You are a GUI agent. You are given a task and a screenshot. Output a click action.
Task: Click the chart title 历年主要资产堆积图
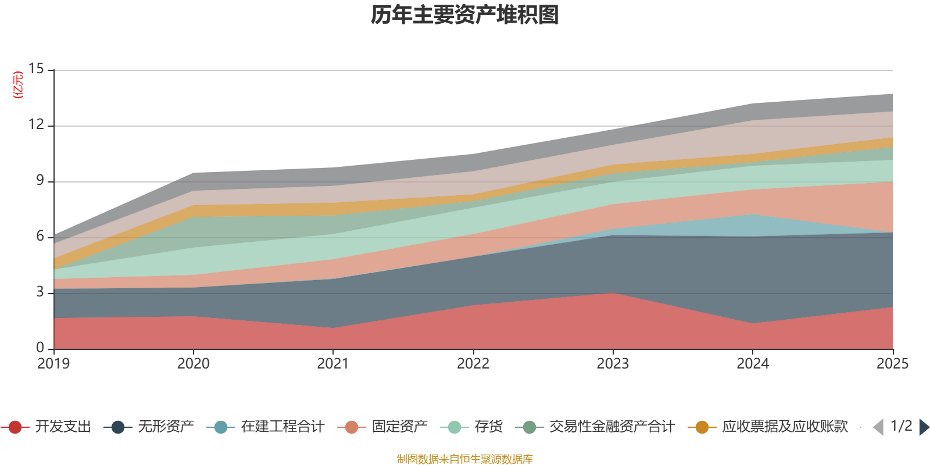pyautogui.click(x=465, y=16)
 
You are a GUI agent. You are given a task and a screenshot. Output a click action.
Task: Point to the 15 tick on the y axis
pyautogui.click(x=36, y=69)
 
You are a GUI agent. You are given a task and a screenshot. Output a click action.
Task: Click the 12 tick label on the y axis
pyautogui.click(x=36, y=125)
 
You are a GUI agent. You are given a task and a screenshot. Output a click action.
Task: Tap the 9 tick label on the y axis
pyautogui.click(x=40, y=181)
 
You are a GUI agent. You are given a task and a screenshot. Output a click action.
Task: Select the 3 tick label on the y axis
pyautogui.click(x=40, y=292)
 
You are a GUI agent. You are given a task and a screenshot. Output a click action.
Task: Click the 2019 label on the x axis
pyautogui.click(x=53, y=364)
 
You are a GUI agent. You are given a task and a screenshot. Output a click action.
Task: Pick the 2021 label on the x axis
pyautogui.click(x=332, y=364)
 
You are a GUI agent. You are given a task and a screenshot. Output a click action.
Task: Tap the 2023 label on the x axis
pyautogui.click(x=613, y=364)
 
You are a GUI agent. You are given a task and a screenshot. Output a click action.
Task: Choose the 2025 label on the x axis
pyautogui.click(x=892, y=364)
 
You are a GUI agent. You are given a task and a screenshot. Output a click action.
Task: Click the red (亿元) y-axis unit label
pyautogui.click(x=18, y=85)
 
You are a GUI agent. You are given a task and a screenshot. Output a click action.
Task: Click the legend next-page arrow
pyautogui.click(x=924, y=427)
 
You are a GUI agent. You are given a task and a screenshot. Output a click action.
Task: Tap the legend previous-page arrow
pyautogui.click(x=878, y=427)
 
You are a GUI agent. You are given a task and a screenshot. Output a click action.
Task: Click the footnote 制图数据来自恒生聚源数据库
pyautogui.click(x=465, y=459)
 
